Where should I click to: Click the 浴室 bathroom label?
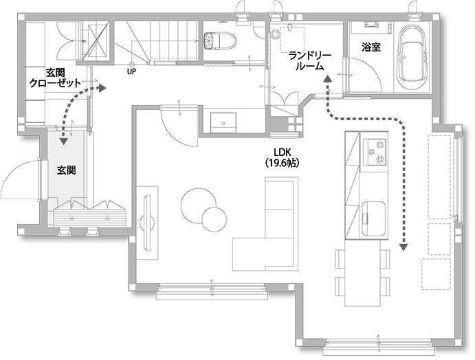point(371,47)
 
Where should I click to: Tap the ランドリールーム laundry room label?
point(310,61)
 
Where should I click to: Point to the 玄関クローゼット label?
point(55,78)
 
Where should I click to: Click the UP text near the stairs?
point(132,71)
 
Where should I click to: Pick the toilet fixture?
point(220,41)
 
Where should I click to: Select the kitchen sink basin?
point(373,218)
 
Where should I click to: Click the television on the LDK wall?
point(148,223)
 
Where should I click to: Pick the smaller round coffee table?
point(214,220)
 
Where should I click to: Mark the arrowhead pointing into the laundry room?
point(327,79)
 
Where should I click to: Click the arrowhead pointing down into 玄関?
point(64,141)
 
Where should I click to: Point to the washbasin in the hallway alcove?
point(223,122)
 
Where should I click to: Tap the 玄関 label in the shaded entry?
point(67,170)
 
